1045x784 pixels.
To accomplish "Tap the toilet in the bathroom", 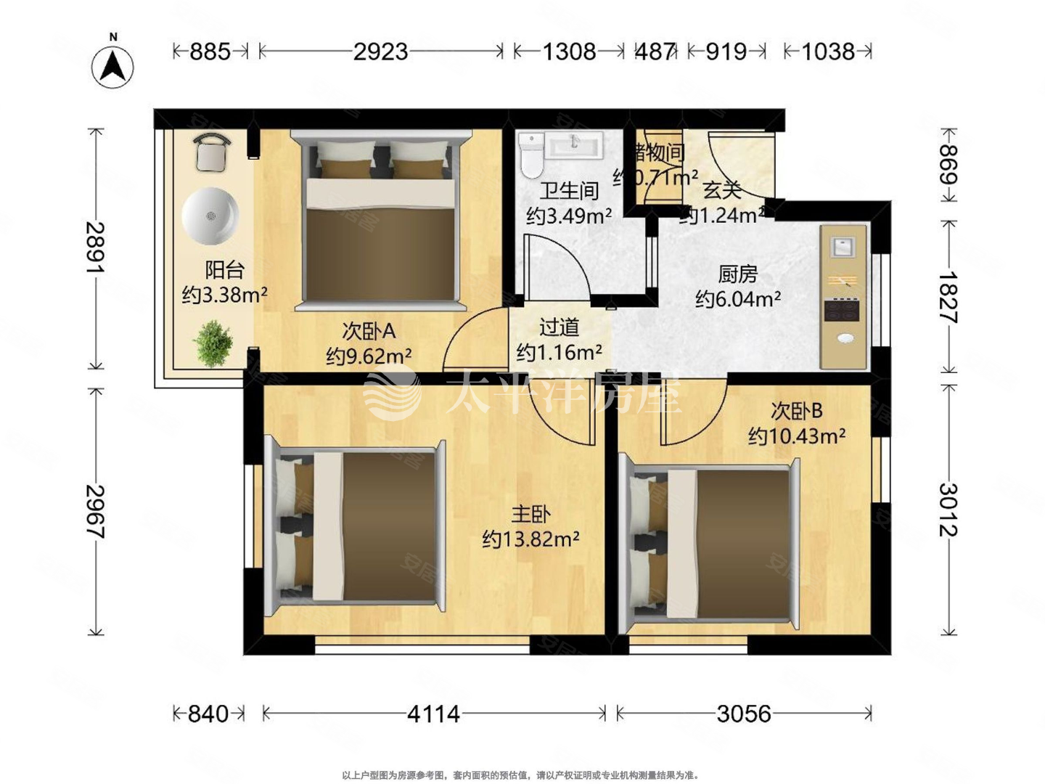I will [531, 153].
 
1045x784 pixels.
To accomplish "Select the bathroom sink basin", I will [574, 145].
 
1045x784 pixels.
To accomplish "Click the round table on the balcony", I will [210, 216].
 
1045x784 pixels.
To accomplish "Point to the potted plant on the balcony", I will [212, 343].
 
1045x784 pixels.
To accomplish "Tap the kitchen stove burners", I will [842, 311].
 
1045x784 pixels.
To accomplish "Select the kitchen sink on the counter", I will [843, 247].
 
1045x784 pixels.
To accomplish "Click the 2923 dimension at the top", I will [380, 52].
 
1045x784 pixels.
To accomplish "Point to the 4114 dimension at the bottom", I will [433, 714].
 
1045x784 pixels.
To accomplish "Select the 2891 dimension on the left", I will [95, 248].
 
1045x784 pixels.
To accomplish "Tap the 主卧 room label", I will [530, 514].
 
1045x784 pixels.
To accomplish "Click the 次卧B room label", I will [796, 411].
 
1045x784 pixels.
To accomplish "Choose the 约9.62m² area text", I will [369, 356].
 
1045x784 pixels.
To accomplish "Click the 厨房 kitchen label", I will [737, 274].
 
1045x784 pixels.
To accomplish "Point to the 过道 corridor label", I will [559, 327].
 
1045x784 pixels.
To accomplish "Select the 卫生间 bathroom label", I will [569, 191].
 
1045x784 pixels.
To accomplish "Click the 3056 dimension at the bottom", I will [744, 714].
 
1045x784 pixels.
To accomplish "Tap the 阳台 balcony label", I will [224, 269].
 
